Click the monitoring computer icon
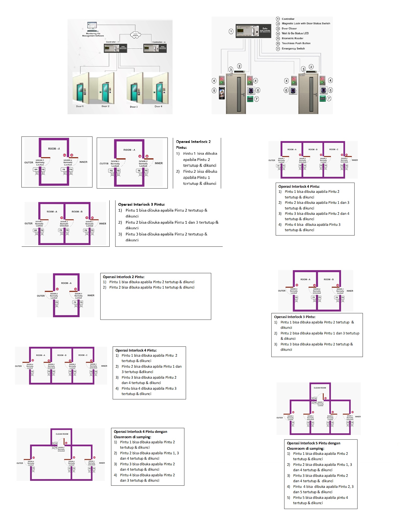coord(92,26)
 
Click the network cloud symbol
coord(135,35)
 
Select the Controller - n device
coord(155,48)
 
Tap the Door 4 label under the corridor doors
coord(158,106)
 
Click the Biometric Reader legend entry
coord(292,38)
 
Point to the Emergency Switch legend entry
coord(293,49)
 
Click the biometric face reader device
coord(222,93)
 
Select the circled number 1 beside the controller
coord(231,31)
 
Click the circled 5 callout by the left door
coord(214,91)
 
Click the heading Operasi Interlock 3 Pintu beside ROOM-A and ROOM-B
coord(141,204)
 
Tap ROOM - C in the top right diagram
coord(334,149)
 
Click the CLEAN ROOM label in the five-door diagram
coord(320,388)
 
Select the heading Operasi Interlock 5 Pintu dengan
coord(314,443)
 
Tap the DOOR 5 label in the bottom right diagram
coord(290,416)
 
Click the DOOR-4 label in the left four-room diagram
coord(30,364)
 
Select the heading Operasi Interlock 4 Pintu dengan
coord(140,432)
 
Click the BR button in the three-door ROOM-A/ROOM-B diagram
coord(35,230)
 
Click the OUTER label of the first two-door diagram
coord(29,163)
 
